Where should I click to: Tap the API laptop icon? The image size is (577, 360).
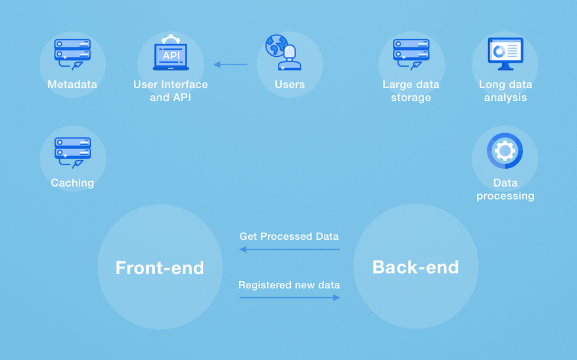point(171,54)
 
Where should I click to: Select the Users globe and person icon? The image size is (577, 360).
point(284,53)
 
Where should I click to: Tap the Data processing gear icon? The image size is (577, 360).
point(505,151)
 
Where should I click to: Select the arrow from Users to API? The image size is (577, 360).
point(230,65)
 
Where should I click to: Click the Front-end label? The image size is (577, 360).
point(160,268)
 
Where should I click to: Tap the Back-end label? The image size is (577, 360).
point(415,267)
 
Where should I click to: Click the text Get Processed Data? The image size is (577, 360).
point(289,236)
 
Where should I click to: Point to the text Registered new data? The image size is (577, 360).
point(289,285)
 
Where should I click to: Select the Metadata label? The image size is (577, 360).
point(72,85)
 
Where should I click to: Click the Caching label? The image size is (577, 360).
point(72,183)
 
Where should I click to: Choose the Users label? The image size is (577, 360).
point(290,85)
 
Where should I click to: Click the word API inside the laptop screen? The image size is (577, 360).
point(171,56)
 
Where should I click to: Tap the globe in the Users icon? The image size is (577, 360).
point(275,46)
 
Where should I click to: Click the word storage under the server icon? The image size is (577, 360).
point(411,98)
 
